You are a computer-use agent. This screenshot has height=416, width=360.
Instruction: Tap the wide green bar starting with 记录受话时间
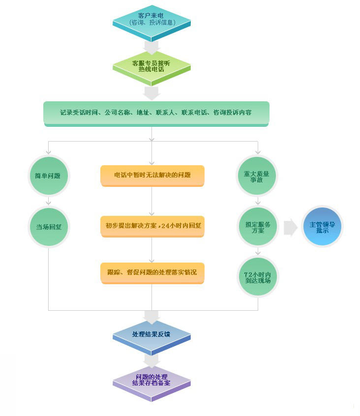[x=156, y=113]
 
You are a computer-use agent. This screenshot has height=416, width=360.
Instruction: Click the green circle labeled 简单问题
[x=48, y=176]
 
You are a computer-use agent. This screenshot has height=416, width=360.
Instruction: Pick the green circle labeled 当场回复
[x=48, y=227]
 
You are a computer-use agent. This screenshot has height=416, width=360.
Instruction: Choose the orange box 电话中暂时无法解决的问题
[x=152, y=175]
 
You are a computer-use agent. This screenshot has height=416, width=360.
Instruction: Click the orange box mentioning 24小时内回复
[x=152, y=226]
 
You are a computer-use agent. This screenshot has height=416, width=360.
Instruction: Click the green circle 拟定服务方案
[x=257, y=227]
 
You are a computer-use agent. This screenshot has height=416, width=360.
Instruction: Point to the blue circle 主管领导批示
[x=322, y=227]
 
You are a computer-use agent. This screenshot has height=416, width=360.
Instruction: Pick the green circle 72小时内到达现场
[x=257, y=277]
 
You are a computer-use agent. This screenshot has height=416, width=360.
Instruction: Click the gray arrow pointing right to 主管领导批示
[x=291, y=227]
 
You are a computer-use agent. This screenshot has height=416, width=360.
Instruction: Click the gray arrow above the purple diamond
[x=151, y=361]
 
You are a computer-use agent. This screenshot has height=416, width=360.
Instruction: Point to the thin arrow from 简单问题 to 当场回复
[x=48, y=201]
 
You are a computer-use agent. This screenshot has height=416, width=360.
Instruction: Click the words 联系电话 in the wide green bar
[x=194, y=113]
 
